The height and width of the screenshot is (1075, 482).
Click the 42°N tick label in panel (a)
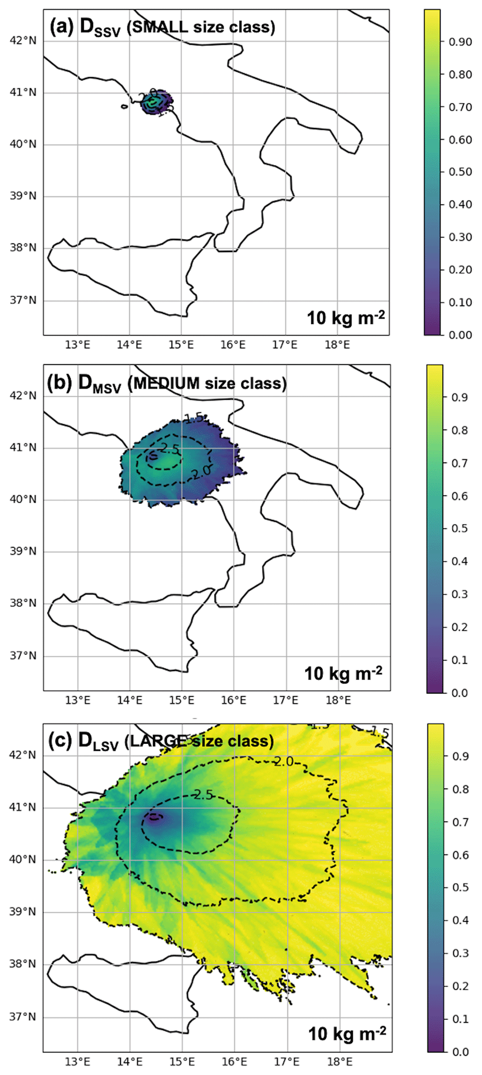tap(23, 41)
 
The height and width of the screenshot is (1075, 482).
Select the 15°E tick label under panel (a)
tap(181, 345)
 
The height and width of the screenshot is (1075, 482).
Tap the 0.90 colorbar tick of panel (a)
tap(460, 42)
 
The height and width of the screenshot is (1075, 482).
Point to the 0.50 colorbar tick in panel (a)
tap(460, 172)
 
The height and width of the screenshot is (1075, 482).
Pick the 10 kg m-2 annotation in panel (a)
tap(346, 318)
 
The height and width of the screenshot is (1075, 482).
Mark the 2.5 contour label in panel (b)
tap(170, 449)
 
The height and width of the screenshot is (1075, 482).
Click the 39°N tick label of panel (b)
tap(23, 552)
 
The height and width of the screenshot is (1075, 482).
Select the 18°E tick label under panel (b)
tap(338, 700)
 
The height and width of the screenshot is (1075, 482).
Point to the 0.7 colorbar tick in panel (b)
tap(460, 463)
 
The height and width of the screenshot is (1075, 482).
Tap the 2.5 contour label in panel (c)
tap(203, 794)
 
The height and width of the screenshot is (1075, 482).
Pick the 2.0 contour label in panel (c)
tap(284, 762)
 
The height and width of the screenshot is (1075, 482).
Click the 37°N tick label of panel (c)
tap(23, 1017)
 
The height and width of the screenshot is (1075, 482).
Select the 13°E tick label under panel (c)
tap(77, 1061)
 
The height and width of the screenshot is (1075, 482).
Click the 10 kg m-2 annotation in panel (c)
tap(347, 1033)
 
